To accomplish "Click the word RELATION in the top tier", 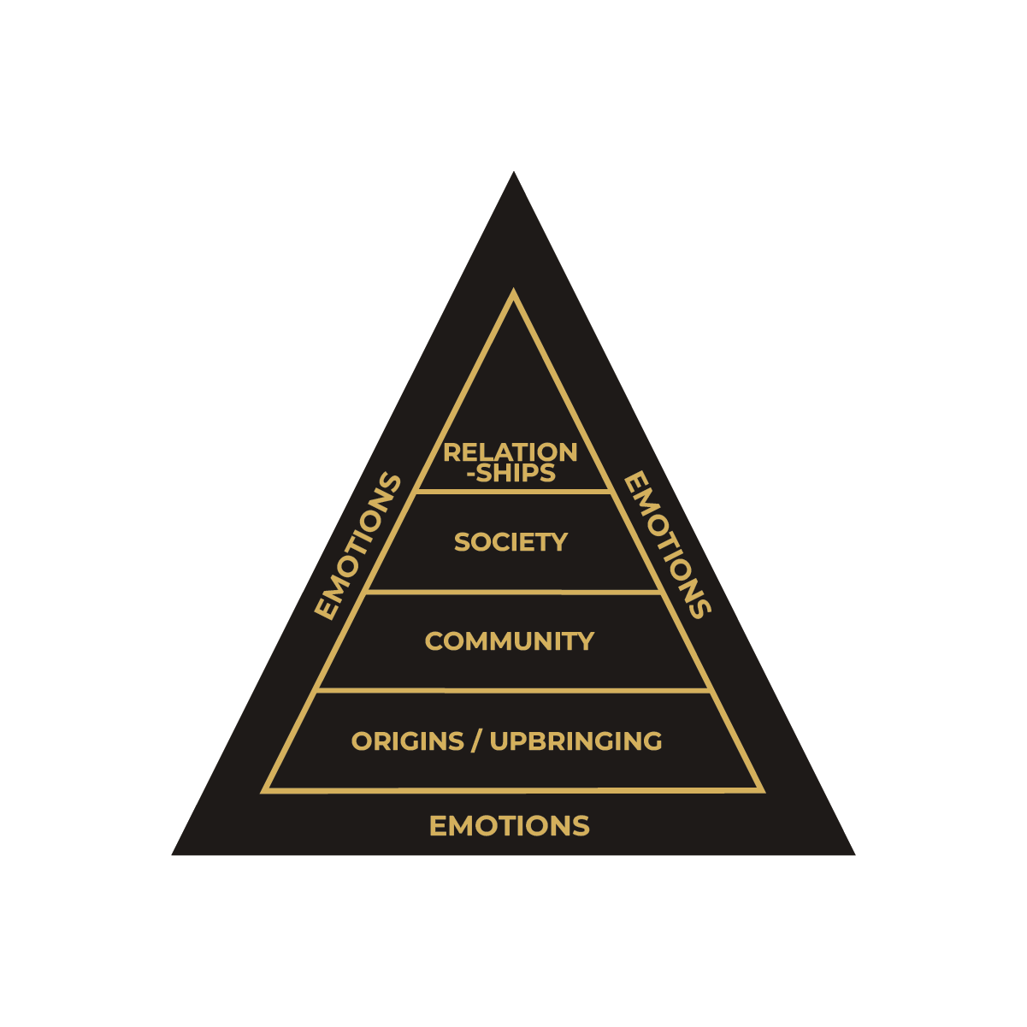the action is pos(511,452).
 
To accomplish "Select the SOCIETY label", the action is pos(511,542).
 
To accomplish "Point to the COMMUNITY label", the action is pos(510,641).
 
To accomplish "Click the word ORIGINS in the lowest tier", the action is pos(408,741).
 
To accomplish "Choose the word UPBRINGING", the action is pos(575,741).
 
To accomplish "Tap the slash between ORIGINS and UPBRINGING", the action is pos(475,741).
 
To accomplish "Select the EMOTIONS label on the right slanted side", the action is pos(667,546).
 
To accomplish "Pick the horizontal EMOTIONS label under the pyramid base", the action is pos(510,826).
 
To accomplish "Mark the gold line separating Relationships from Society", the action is pos(514,492).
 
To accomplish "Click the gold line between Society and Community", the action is pos(514,591).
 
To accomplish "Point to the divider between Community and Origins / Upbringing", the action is pos(514,690).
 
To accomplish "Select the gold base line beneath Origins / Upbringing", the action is pos(514,790).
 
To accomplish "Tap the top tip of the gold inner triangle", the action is pos(514,293).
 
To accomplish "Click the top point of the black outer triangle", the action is pos(514,174).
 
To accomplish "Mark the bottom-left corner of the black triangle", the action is pos(174,853).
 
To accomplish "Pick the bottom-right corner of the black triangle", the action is pos(853,853).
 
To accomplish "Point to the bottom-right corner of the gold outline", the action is pos(761,789).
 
